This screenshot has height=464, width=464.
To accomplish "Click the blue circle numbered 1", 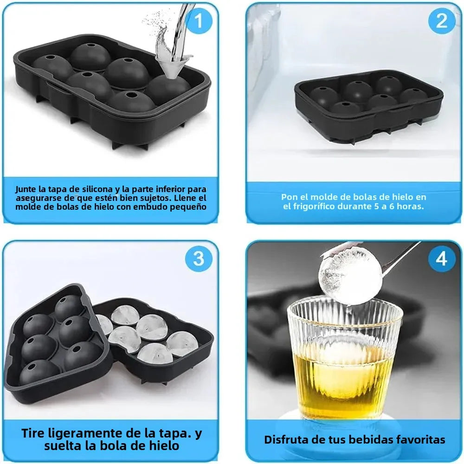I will tap(199, 21).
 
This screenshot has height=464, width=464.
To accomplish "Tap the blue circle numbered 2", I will tap(441, 21).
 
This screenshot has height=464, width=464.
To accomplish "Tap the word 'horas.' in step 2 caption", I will tap(410, 206).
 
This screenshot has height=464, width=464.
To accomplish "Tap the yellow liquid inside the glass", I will tap(343, 380).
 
